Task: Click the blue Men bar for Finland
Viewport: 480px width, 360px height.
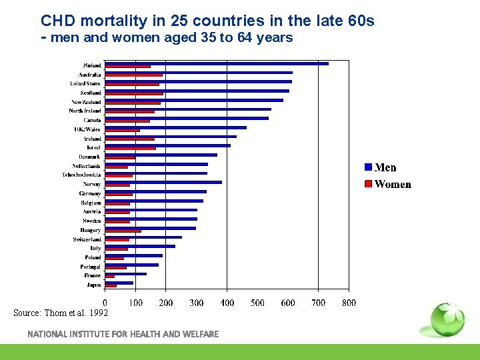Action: pos(217,63)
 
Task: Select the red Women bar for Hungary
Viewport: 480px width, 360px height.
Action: pos(123,231)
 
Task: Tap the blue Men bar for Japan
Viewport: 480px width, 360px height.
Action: pos(119,283)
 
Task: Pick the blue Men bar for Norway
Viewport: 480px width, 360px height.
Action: pos(163,182)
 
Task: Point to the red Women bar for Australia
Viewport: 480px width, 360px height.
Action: pos(134,75)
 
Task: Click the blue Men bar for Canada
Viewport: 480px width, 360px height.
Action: pos(187,118)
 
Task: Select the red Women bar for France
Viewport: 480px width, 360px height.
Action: pos(110,276)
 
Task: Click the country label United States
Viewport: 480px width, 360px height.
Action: pos(86,83)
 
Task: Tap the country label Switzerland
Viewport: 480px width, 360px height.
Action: pos(87,239)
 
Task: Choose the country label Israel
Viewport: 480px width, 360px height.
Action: pos(93,147)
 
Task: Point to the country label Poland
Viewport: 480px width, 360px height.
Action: pos(93,257)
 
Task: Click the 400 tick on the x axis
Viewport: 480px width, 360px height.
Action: pos(227,303)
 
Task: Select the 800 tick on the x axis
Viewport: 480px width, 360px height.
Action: pos(349,303)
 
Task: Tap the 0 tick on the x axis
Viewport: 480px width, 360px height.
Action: pos(105,303)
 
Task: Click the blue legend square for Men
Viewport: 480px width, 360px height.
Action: pos(367,167)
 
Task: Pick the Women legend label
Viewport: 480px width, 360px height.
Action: pos(393,185)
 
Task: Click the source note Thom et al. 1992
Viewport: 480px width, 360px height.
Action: pos(61,313)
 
